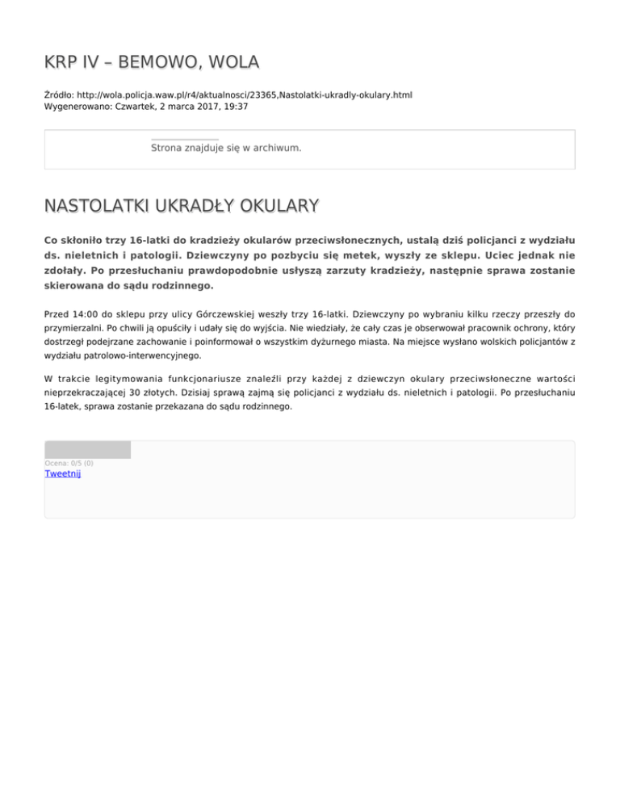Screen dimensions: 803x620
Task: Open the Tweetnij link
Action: (x=62, y=474)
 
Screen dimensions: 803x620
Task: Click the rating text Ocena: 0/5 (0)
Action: (x=69, y=463)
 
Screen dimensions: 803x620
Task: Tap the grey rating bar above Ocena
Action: (x=87, y=449)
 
